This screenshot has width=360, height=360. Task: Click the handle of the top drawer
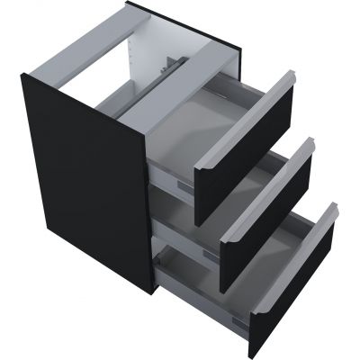[x=243, y=118]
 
